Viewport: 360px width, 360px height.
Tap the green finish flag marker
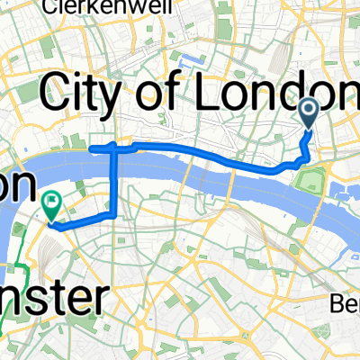tap(51, 206)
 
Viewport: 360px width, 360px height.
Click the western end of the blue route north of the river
tap(94, 145)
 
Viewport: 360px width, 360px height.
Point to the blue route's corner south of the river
tap(113, 215)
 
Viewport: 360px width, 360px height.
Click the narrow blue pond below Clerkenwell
tap(189, 64)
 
